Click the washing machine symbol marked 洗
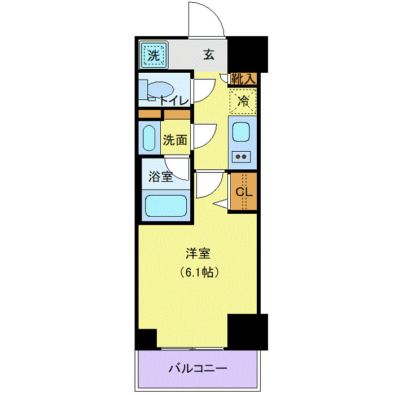153,55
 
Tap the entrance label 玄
209,55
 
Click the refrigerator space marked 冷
243,102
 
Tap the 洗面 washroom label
175,140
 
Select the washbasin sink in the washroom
149,138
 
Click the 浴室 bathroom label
161,177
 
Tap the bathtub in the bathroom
166,205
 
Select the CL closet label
243,192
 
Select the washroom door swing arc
204,135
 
